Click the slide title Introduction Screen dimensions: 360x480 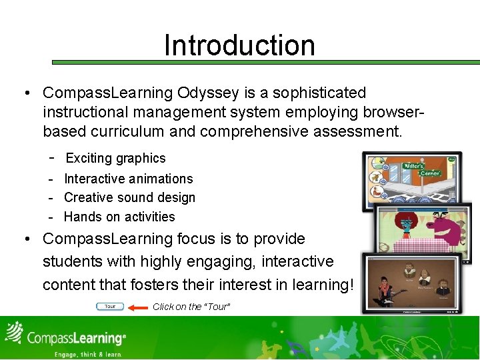239,45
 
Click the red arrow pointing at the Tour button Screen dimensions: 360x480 138,307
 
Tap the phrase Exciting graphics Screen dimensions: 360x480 115,158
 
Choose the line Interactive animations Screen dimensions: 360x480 128,179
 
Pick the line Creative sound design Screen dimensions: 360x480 129,197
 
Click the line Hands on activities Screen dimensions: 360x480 119,217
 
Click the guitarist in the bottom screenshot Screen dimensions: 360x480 386,290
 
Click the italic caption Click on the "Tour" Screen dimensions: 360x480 191,307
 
